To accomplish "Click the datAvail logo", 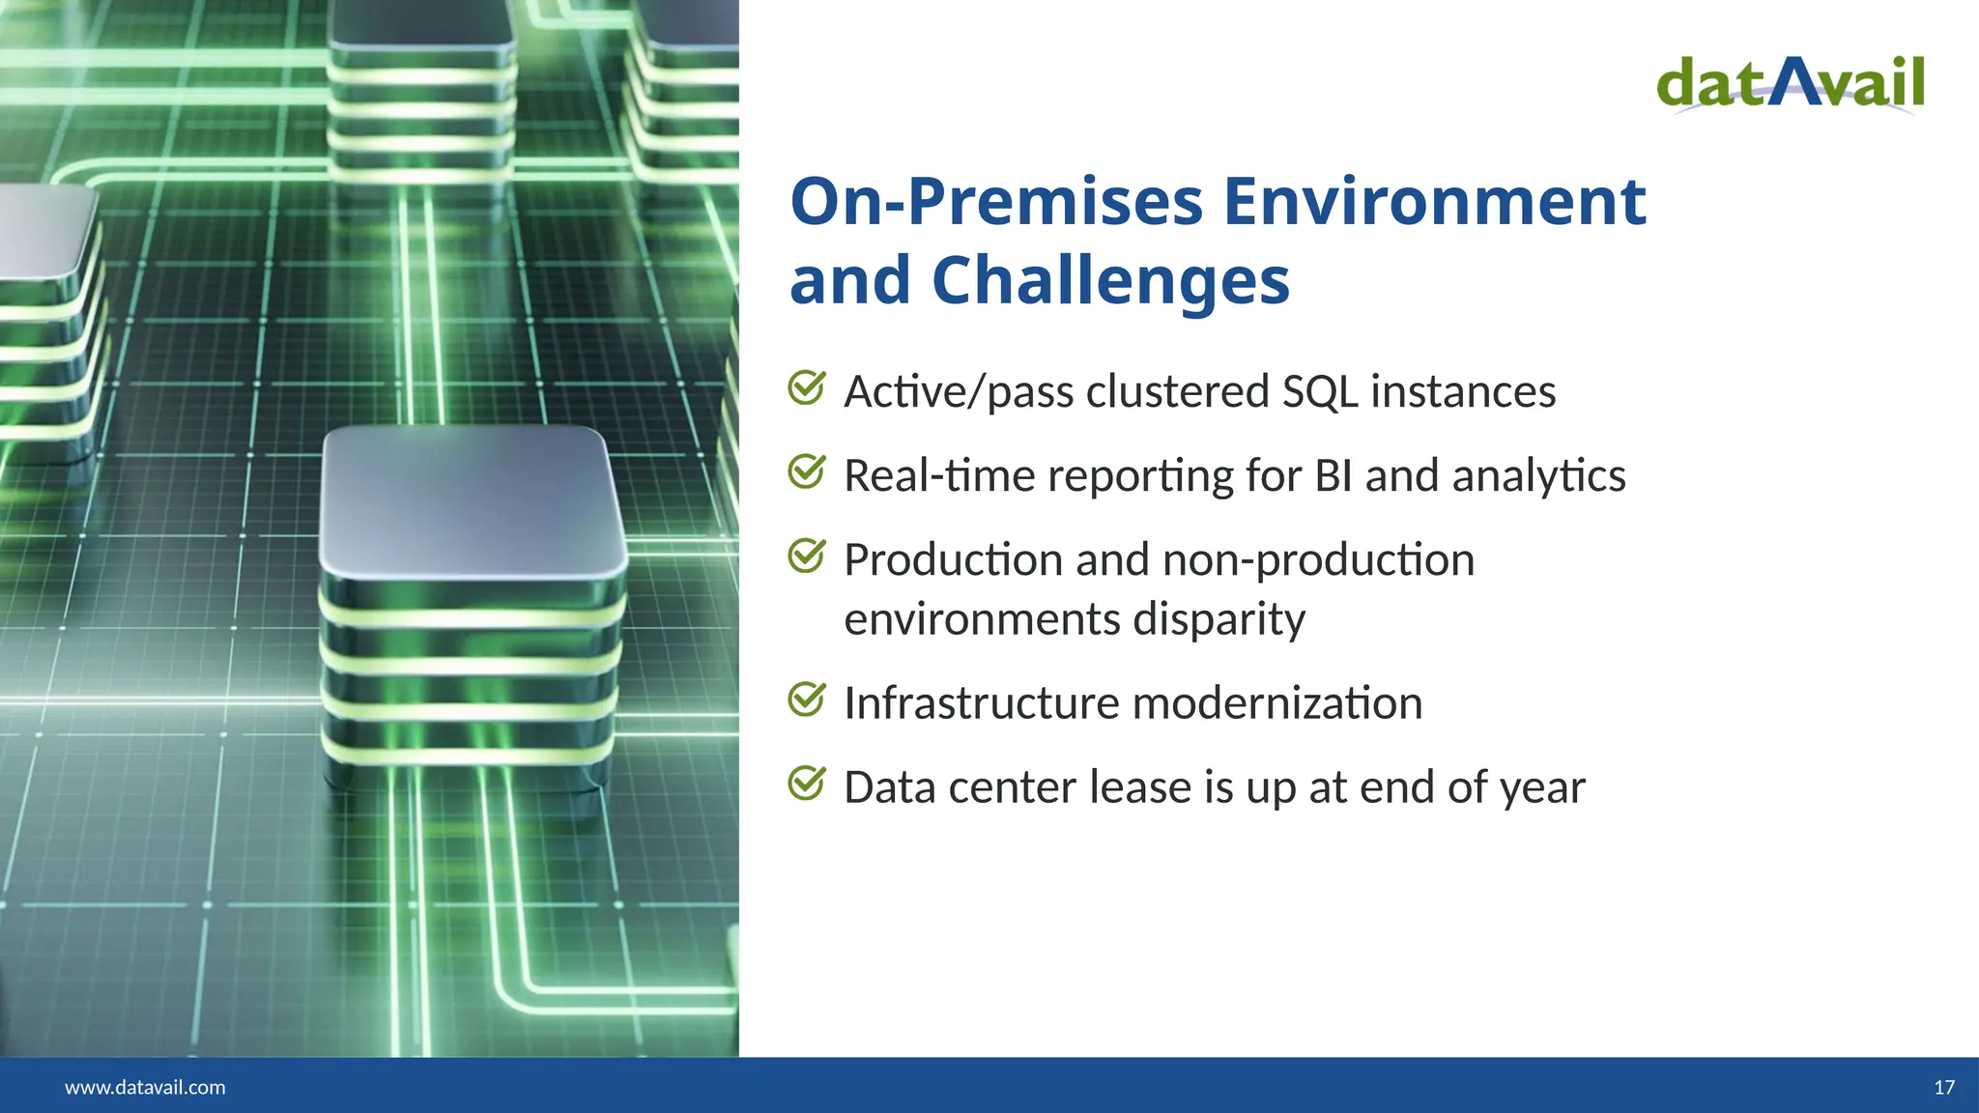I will click(1790, 85).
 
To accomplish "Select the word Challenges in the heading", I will click(1110, 281).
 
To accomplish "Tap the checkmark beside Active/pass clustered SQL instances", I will click(806, 387).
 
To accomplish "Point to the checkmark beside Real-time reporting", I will click(806, 471).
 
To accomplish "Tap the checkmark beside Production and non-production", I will click(806, 556).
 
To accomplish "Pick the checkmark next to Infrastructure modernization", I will click(806, 699).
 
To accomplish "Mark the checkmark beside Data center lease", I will click(806, 783).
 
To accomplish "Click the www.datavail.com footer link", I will click(145, 1087).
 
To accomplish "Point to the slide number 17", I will click(1944, 1087).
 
